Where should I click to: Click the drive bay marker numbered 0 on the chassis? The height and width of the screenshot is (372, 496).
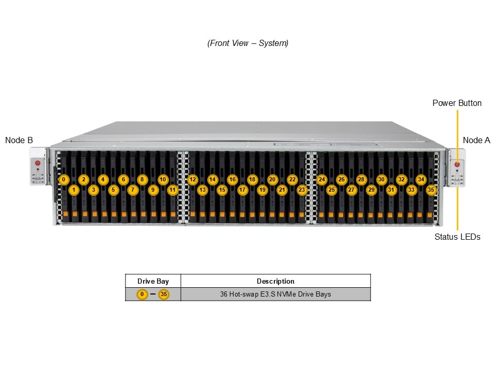64,179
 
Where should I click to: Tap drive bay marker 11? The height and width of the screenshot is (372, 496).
173,190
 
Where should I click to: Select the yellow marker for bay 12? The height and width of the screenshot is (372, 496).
193,179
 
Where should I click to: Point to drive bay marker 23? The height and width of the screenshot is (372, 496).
302,190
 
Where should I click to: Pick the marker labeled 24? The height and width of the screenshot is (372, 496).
322,179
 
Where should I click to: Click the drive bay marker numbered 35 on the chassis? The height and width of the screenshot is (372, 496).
431,190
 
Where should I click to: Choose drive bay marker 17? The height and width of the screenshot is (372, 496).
242,190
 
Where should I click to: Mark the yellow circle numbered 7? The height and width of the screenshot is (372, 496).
133,190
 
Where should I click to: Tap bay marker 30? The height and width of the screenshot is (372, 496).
381,179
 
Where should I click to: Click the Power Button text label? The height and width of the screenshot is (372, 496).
457,103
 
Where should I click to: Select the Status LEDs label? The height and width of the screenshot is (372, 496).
457,237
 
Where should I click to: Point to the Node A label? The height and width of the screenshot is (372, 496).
476,140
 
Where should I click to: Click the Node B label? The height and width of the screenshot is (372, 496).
19,140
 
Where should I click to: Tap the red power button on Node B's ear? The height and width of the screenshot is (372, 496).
37,163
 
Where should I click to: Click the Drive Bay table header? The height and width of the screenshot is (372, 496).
153,281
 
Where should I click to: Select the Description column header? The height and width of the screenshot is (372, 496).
275,281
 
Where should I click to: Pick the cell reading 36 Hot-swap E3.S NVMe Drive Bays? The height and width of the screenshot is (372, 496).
275,295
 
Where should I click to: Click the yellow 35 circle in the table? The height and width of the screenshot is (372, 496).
164,295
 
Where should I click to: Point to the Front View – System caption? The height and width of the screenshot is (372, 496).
248,43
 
